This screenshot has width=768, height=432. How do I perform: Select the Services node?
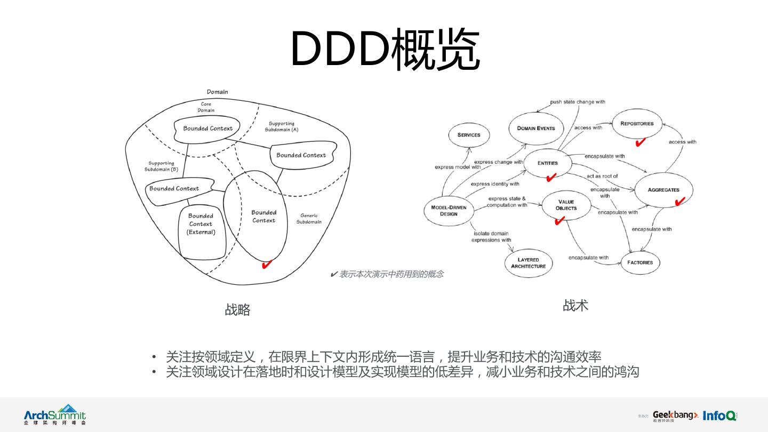[469, 135]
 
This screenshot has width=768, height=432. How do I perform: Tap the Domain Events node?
[536, 129]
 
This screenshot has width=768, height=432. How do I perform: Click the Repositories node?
[637, 124]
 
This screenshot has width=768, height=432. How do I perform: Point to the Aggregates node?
[663, 190]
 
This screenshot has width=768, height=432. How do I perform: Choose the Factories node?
[640, 262]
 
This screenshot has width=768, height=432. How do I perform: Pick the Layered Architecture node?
[529, 263]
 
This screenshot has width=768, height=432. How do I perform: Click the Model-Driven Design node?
[449, 211]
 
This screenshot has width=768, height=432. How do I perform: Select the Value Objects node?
[566, 205]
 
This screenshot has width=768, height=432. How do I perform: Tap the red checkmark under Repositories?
[641, 142]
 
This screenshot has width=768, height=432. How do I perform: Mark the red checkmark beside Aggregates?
[680, 201]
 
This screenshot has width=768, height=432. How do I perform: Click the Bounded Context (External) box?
[201, 225]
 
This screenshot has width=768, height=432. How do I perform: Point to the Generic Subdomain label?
[309, 219]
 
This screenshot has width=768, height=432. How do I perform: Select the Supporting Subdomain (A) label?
[282, 126]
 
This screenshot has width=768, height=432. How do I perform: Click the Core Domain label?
[206, 107]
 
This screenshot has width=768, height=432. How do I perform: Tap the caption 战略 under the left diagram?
[237, 310]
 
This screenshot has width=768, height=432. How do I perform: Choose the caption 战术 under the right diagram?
[575, 306]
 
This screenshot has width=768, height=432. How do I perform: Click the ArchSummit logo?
[54, 414]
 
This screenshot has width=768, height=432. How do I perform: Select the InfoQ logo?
[719, 415]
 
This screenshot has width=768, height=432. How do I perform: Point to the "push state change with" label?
[578, 102]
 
